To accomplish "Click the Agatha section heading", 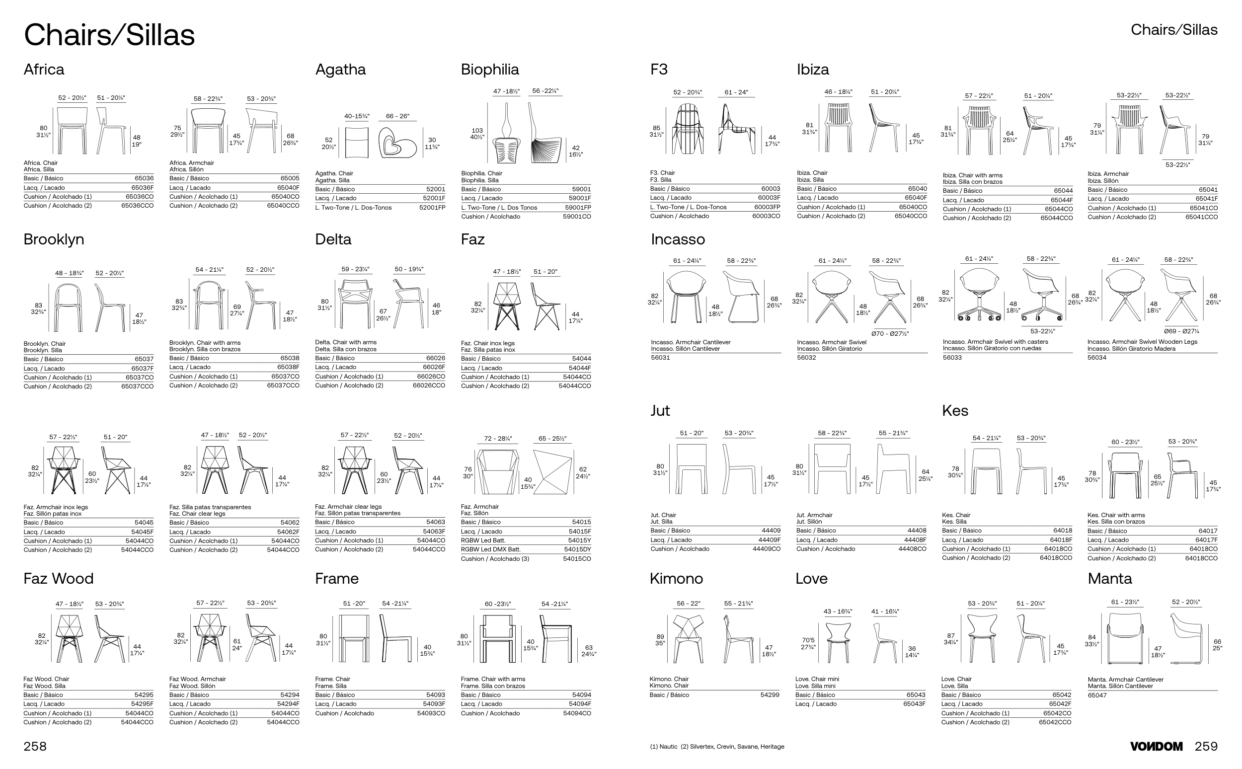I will [x=340, y=70].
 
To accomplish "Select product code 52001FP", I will [x=432, y=208].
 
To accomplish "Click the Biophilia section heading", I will [x=489, y=70].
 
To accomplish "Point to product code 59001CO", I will [x=577, y=217].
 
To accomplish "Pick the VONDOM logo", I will [x=1156, y=746].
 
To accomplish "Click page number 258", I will [x=35, y=746].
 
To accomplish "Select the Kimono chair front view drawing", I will [x=688, y=638].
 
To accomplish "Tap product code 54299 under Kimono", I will [x=770, y=695].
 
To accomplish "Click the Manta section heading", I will [x=1109, y=579].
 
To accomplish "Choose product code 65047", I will [x=1097, y=695].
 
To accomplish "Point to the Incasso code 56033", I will [x=952, y=358].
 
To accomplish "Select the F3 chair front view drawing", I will [x=687, y=129].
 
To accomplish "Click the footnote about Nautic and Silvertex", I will [x=716, y=747].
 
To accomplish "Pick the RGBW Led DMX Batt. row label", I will [x=490, y=549].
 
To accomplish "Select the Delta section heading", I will [x=333, y=239].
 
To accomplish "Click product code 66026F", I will [x=434, y=367].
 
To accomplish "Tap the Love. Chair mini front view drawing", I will [x=838, y=641].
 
